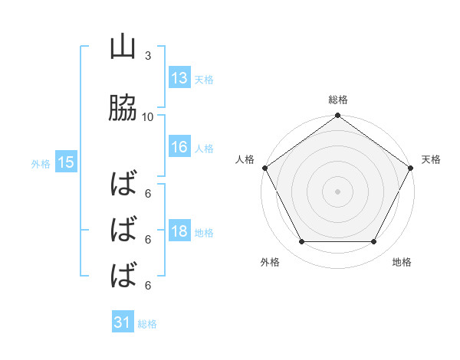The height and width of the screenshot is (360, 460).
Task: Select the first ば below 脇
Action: [123, 185]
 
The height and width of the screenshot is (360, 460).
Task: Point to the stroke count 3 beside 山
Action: [147, 56]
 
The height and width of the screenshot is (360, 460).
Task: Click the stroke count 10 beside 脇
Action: [148, 116]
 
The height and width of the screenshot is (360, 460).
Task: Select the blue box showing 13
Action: [179, 78]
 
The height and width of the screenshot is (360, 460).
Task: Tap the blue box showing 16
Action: [179, 148]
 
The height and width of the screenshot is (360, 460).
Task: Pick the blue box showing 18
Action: [179, 232]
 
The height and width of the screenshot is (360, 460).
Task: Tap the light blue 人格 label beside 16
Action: [204, 149]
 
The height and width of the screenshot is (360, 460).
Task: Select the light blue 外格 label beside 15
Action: [41, 163]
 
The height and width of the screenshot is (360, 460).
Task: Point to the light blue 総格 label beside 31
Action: [147, 324]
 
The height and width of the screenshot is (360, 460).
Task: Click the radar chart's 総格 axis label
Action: [338, 100]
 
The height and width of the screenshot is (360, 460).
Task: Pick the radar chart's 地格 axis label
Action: [402, 262]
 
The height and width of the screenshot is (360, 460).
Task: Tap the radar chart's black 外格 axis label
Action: [270, 262]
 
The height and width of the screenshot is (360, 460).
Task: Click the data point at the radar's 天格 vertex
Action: [412, 168]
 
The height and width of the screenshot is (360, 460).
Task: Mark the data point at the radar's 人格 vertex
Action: [264, 168]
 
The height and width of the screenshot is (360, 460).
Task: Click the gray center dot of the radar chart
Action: [338, 191]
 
